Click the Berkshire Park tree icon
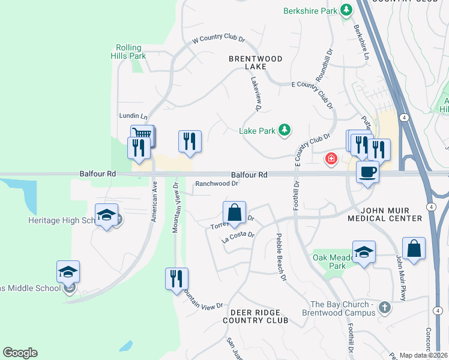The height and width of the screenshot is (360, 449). (346, 10)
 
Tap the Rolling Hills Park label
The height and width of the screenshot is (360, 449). (129, 52)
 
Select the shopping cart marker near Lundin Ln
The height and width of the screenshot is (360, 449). (143, 134)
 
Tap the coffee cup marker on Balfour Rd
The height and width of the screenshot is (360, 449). (367, 172)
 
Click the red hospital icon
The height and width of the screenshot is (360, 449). (330, 158)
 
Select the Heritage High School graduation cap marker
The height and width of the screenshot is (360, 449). (106, 215)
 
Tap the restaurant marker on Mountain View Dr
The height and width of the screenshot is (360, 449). (176, 278)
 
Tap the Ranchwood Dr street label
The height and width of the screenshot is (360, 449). (217, 184)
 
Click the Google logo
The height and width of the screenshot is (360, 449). (20, 353)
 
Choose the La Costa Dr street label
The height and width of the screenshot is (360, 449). (238, 237)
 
